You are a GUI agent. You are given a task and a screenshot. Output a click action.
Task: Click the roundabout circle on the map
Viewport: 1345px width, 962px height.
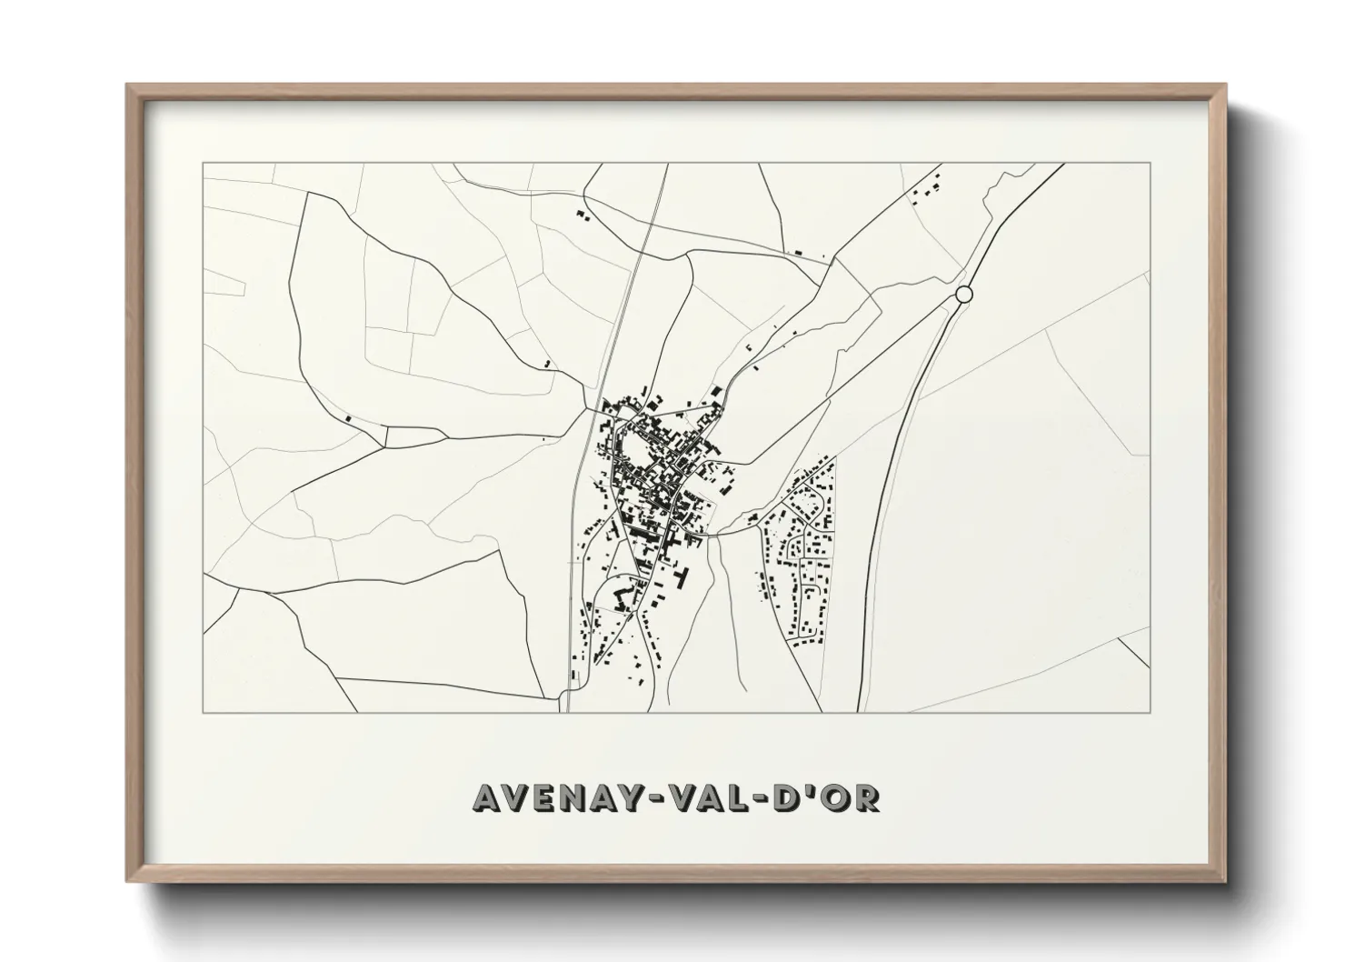point(964,294)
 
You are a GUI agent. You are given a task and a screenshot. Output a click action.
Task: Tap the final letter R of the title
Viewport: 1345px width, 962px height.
point(866,797)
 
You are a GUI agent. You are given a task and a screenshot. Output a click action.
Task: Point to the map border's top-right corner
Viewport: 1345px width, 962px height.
point(1151,163)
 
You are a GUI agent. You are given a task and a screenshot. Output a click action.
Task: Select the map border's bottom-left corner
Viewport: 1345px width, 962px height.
point(203,712)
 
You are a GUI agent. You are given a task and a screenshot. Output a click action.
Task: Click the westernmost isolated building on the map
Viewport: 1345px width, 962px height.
point(348,417)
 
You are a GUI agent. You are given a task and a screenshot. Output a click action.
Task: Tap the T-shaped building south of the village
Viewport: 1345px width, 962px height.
point(684,576)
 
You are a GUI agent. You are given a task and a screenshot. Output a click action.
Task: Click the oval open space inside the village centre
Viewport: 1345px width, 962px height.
point(642,448)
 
